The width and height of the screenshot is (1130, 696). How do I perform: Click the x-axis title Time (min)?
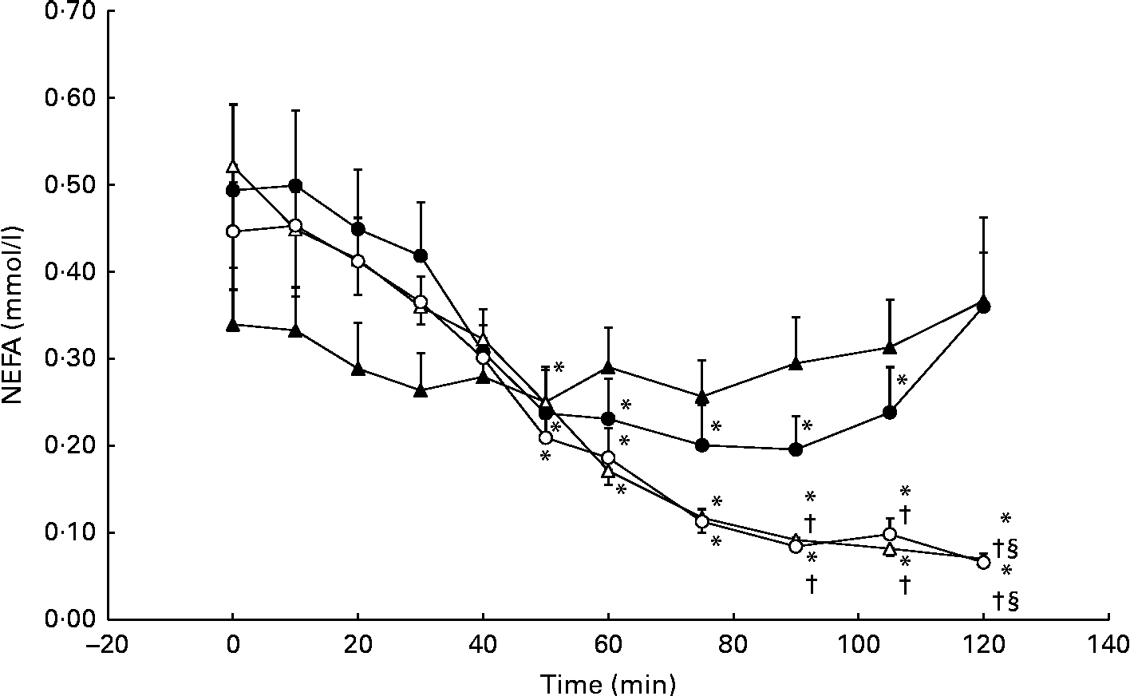click(608, 683)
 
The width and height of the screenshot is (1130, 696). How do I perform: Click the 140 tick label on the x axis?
click(1108, 643)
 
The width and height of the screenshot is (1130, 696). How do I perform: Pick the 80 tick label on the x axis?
click(733, 643)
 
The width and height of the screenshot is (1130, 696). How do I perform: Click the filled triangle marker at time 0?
click(232, 325)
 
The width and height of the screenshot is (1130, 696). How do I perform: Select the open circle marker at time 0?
click(232, 231)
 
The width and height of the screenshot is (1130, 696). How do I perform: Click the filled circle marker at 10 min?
click(295, 186)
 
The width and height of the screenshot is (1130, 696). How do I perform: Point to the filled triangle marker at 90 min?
click(796, 363)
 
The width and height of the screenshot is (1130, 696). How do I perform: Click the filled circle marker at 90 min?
click(796, 449)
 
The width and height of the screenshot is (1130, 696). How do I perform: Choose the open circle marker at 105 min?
click(890, 534)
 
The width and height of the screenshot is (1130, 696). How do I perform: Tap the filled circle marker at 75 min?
click(702, 445)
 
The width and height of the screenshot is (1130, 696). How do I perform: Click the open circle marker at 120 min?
click(983, 563)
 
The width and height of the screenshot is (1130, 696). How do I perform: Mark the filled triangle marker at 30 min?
click(421, 390)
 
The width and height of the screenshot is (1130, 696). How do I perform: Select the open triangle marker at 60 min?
click(608, 471)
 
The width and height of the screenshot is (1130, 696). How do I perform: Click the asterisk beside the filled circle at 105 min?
click(903, 381)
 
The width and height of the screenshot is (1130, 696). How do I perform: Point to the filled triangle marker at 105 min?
click(890, 347)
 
